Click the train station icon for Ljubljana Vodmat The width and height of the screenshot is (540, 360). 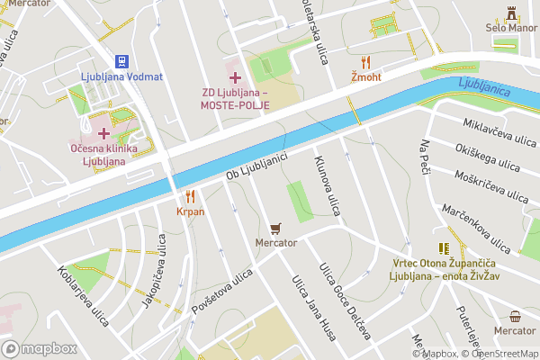(x=121, y=60)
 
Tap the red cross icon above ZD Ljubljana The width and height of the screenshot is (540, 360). (x=235, y=77)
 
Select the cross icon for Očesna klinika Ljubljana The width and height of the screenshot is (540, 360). (x=103, y=131)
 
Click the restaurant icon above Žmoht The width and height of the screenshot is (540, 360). (x=364, y=61)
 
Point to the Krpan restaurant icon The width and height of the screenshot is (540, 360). (x=190, y=196)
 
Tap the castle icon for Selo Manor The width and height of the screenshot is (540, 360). (x=512, y=13)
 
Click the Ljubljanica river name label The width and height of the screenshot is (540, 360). (x=484, y=87)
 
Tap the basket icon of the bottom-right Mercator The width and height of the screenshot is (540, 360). (x=515, y=316)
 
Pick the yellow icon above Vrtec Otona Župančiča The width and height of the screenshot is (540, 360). (x=443, y=248)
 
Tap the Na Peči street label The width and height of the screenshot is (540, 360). (x=427, y=157)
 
